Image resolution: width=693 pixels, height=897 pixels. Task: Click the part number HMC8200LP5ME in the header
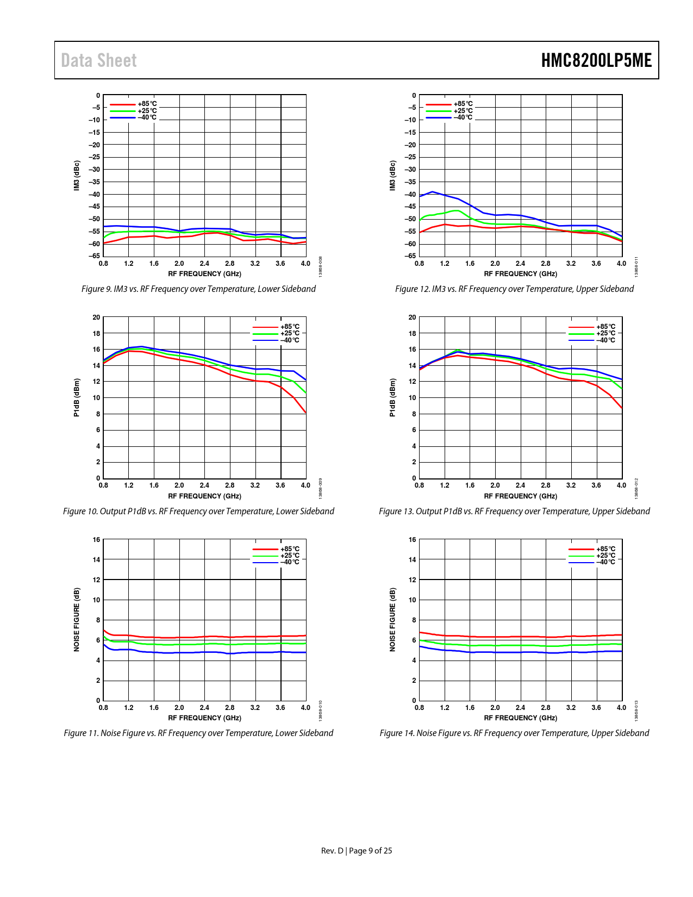click(596, 60)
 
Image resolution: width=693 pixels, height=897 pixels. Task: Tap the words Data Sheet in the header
click(99, 60)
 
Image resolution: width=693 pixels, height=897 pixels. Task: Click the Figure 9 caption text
click(198, 289)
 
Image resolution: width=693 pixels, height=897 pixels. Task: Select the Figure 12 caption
click(514, 289)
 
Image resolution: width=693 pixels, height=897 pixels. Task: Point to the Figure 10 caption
click(198, 511)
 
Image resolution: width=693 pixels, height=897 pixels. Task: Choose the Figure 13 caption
click(514, 511)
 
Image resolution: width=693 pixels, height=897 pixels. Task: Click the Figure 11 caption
click(198, 733)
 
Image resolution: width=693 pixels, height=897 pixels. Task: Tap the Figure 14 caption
click(514, 733)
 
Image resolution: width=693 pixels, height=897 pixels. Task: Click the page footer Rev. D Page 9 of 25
click(357, 850)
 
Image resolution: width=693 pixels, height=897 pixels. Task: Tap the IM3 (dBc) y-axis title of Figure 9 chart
click(77, 175)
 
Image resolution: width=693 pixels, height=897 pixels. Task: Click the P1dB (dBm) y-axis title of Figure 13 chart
click(392, 397)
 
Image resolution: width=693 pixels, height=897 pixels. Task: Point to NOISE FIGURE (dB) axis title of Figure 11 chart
click(77, 619)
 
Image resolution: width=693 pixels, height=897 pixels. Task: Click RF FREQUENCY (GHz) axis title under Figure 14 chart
click(520, 718)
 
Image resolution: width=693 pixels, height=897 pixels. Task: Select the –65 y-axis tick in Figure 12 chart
click(410, 256)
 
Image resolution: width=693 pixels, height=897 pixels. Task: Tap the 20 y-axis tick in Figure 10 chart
click(96, 317)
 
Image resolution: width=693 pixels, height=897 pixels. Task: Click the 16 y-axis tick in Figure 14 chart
click(413, 540)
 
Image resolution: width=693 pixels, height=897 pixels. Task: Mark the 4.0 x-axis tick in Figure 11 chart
click(305, 708)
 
